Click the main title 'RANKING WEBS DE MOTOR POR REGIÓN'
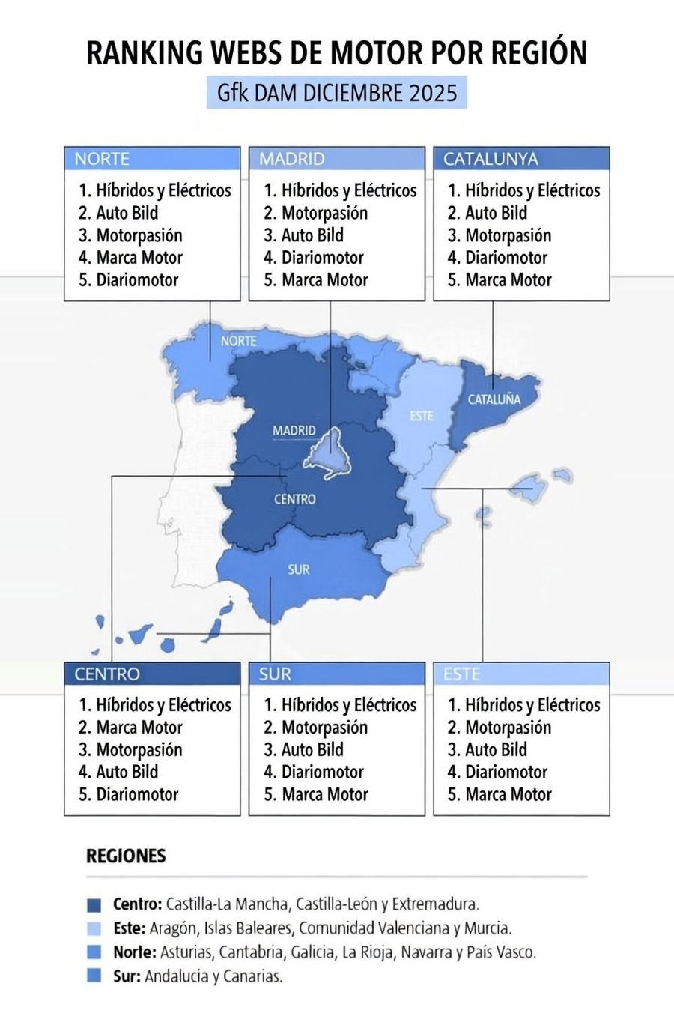tap(336, 53)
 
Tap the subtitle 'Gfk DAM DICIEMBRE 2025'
tap(336, 93)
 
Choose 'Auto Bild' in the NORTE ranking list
tap(127, 213)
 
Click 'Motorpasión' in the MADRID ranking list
tap(324, 213)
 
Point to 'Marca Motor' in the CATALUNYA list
tap(508, 280)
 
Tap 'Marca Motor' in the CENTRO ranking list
tap(139, 728)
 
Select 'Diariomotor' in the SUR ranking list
tap(322, 772)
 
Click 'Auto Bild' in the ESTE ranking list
tap(496, 750)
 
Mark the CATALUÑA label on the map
tap(494, 399)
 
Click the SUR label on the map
tap(298, 569)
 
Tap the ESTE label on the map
tap(421, 416)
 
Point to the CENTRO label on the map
tap(294, 499)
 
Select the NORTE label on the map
tap(238, 341)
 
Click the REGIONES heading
tap(126, 856)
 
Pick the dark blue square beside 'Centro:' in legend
tap(94, 904)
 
